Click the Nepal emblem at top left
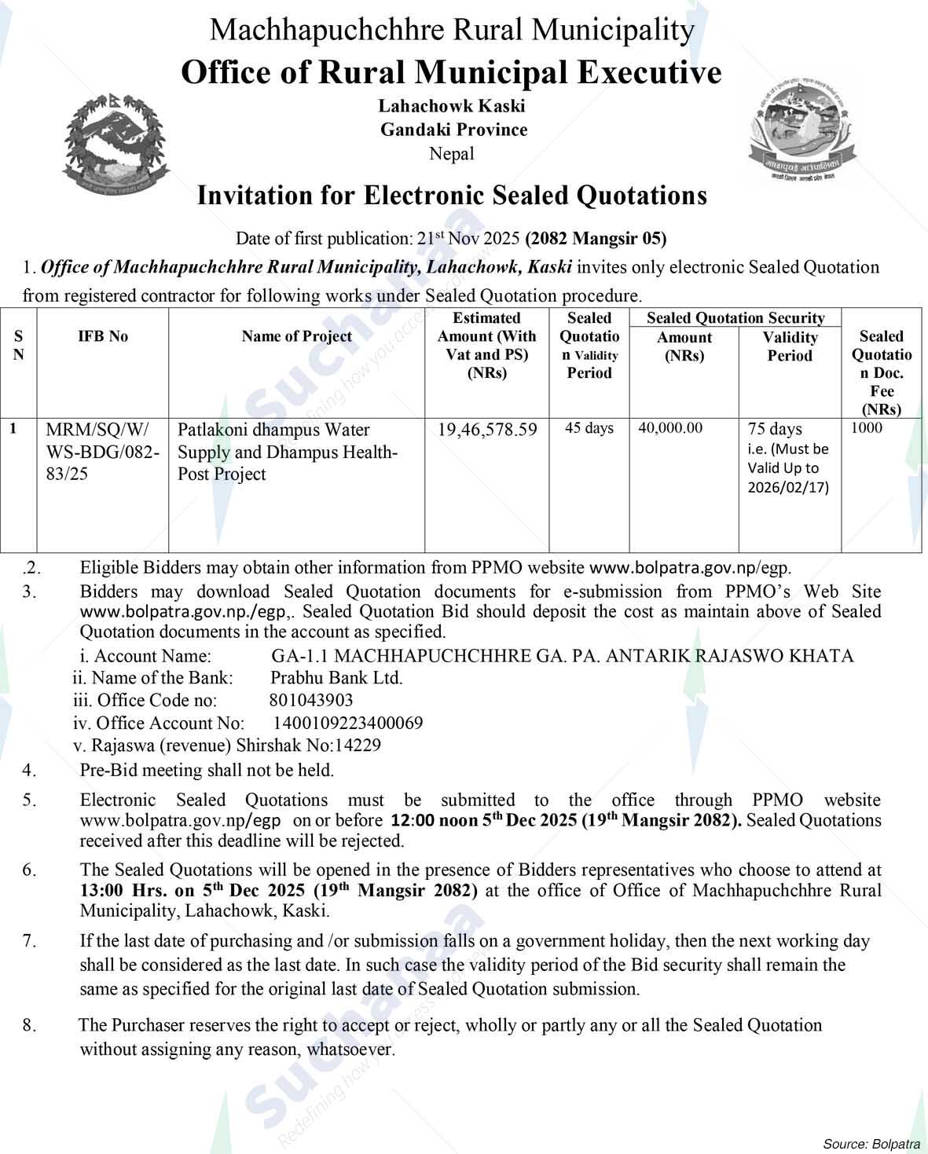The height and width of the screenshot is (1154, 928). click(x=115, y=147)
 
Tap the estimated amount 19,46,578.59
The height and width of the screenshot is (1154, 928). click(x=487, y=430)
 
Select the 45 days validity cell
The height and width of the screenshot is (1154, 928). click(x=589, y=428)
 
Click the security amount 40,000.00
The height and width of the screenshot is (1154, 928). click(x=670, y=428)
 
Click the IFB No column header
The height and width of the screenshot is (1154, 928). click(x=103, y=336)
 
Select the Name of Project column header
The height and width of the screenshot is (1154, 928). click(x=296, y=336)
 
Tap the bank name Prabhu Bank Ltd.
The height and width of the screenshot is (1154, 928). click(x=336, y=678)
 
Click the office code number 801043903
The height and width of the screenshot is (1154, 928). click(x=311, y=700)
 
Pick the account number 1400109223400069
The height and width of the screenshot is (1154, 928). click(x=348, y=723)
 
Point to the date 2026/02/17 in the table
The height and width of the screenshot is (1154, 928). click(x=788, y=487)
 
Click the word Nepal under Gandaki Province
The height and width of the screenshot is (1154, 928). click(x=452, y=154)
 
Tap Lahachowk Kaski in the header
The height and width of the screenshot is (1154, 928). click(x=452, y=105)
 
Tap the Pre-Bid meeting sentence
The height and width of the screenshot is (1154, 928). click(x=207, y=771)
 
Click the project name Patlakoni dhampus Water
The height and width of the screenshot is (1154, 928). click(x=273, y=430)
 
